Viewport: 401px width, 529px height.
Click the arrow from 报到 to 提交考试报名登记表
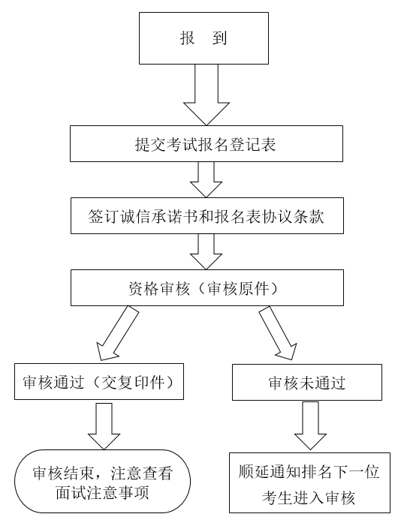point(207,95)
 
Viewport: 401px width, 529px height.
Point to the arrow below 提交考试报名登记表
point(207,179)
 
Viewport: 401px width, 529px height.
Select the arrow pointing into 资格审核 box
point(207,251)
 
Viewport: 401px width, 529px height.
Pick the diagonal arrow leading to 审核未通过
point(279,333)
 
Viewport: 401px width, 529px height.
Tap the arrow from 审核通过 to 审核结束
point(104,425)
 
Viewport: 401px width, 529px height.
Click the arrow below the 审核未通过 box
point(311,425)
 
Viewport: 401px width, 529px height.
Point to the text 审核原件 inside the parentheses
point(238,288)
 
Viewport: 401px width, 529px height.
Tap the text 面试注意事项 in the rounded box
point(102,493)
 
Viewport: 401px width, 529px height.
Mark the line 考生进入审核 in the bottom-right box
point(309,497)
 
